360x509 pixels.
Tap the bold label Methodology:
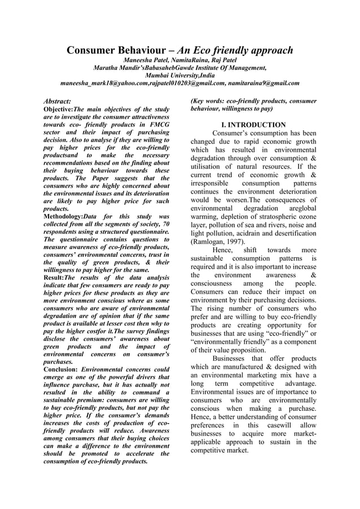click(68, 217)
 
